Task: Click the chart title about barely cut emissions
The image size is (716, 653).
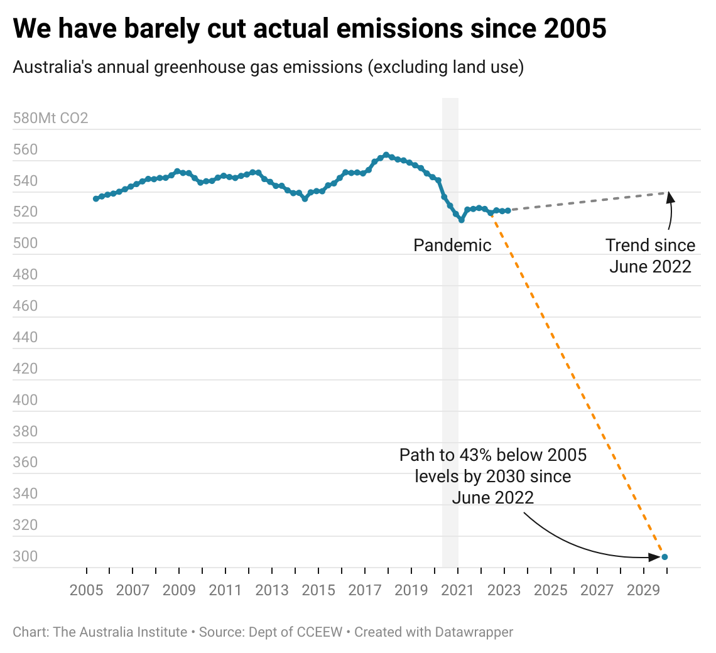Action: click(x=310, y=30)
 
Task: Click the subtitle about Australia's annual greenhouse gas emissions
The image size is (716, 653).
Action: click(x=268, y=67)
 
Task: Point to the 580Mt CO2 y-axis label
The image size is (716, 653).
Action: click(x=50, y=118)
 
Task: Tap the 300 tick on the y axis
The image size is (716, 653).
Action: click(x=25, y=556)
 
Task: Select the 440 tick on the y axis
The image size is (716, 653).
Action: click(x=25, y=337)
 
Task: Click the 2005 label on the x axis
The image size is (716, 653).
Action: click(x=86, y=590)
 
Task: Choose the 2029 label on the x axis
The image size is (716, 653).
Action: click(x=644, y=590)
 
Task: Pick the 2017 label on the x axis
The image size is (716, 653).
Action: click(x=365, y=590)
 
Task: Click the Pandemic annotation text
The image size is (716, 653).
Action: click(x=452, y=245)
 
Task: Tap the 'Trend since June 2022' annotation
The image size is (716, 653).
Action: click(x=650, y=256)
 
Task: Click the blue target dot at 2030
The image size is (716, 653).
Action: click(x=664, y=557)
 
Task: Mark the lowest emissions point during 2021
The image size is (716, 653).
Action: click(x=462, y=220)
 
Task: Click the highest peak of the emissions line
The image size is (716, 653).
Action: click(x=386, y=154)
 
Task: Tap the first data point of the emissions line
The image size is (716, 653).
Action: click(x=95, y=198)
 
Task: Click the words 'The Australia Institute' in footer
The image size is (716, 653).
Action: click(x=121, y=632)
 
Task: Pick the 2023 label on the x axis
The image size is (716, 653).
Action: click(x=504, y=590)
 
